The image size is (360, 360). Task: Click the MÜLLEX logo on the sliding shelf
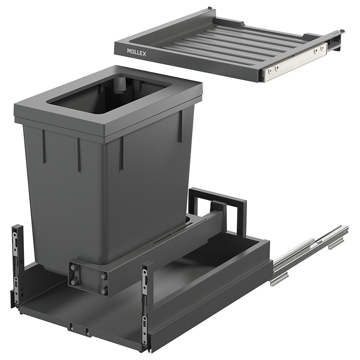tap(137, 53)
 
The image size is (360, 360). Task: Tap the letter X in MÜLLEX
tap(144, 54)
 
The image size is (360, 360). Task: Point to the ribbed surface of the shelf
tap(222, 41)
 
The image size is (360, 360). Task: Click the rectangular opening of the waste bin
tap(110, 94)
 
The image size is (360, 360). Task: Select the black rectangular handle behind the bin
tap(218, 207)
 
